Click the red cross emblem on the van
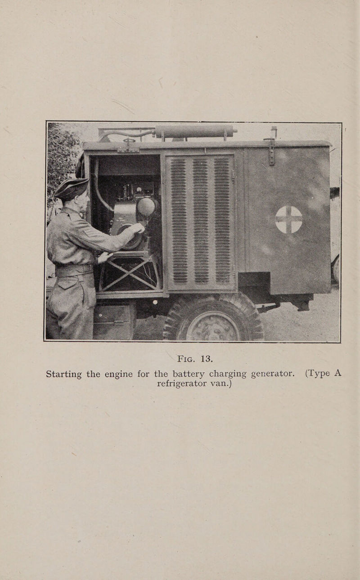click(288, 219)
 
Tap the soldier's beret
click(71, 187)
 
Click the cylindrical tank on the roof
click(194, 131)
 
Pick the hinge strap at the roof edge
click(271, 151)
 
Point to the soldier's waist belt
click(73, 270)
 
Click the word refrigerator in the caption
click(184, 384)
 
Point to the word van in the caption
click(222, 384)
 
